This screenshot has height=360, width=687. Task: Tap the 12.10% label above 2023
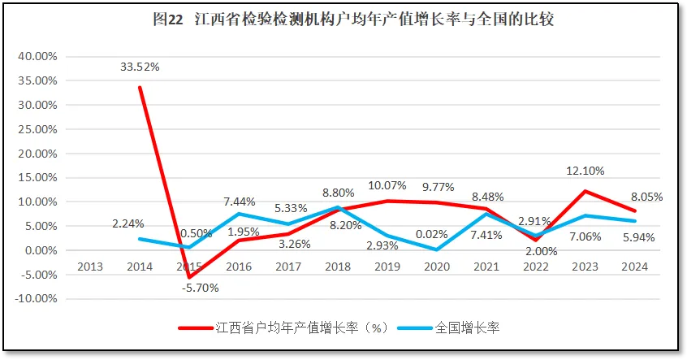(x=586, y=171)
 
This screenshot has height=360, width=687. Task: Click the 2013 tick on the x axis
(x=91, y=266)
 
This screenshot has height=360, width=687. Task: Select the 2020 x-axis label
(x=438, y=266)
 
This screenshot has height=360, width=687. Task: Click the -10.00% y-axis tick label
(x=35, y=298)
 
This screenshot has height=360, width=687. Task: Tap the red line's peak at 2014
(x=140, y=88)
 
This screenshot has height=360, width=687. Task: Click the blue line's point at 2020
(x=438, y=249)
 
